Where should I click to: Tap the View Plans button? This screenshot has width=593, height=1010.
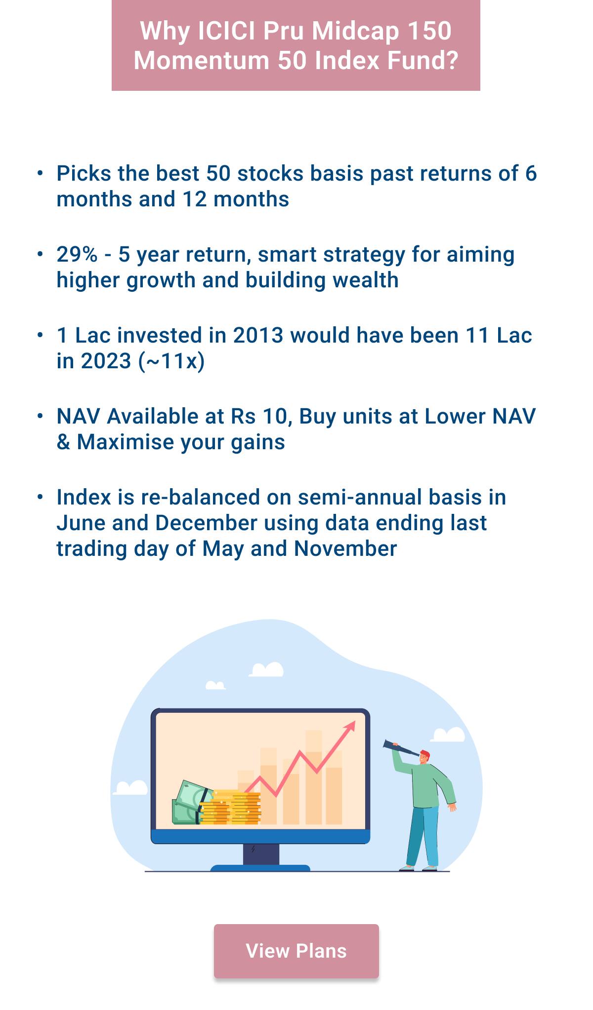[296, 951]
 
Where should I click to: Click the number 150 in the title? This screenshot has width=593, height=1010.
[429, 31]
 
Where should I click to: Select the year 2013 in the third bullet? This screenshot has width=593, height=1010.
[258, 336]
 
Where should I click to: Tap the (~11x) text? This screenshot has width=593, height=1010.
[171, 361]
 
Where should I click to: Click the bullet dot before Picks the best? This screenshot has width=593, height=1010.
[41, 173]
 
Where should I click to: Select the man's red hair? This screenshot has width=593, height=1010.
[425, 754]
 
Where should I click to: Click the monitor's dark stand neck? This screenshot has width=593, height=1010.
[260, 854]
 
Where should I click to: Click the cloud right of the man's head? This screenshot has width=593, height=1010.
[449, 735]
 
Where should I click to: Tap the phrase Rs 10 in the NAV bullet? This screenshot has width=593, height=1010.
[258, 417]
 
